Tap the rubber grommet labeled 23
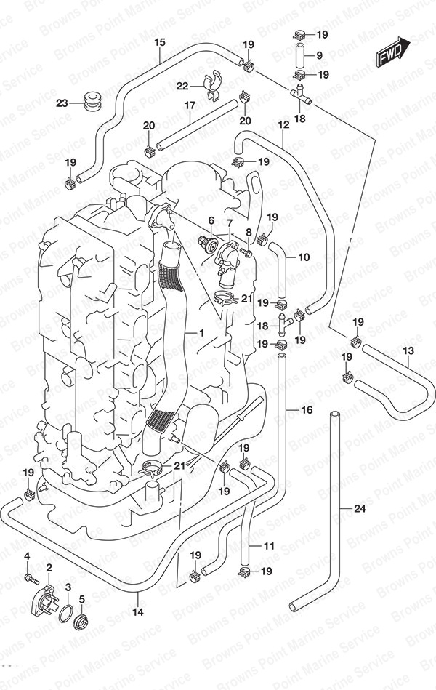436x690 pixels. tap(92, 101)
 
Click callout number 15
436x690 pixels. tap(160, 41)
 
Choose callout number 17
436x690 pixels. tap(190, 105)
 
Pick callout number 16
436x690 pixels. tap(307, 411)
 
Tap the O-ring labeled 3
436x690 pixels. tap(68, 611)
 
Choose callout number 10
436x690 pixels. tap(304, 257)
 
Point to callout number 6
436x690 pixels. tap(211, 220)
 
